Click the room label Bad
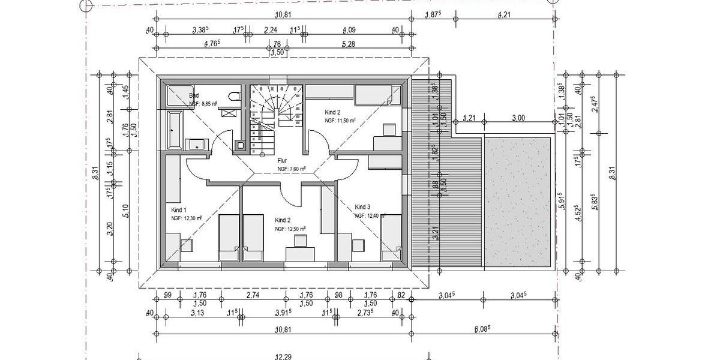point(194,95)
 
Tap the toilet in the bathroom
point(235,97)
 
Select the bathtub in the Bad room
point(175,129)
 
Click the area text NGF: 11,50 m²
point(340,121)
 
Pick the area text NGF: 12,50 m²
point(291,229)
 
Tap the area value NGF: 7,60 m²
point(292,169)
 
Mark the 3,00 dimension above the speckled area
point(518,118)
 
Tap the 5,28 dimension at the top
point(349,43)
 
